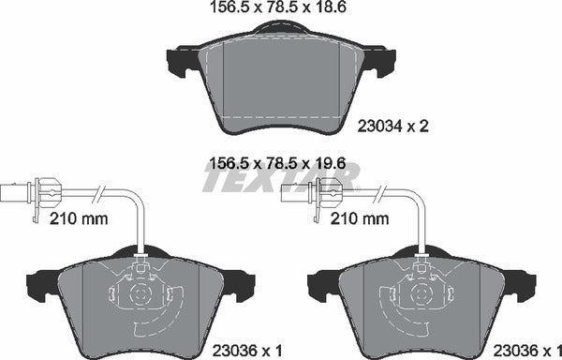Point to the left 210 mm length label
tap(76, 219)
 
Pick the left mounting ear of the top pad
tap(180, 64)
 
